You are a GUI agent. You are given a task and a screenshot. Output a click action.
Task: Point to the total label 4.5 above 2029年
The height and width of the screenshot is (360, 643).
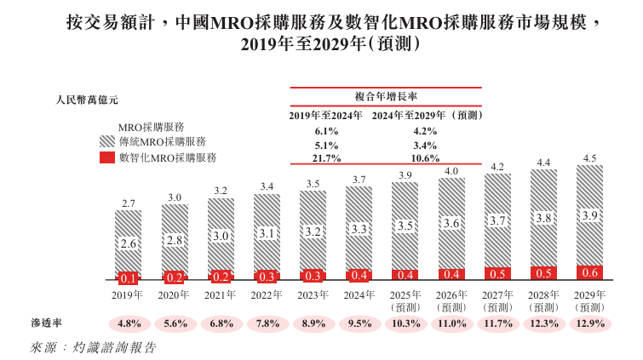point(588,158)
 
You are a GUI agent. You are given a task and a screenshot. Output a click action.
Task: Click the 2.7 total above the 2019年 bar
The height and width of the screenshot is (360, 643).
point(129,203)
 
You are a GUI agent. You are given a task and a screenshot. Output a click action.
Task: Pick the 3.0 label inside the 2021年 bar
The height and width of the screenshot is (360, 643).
point(221,236)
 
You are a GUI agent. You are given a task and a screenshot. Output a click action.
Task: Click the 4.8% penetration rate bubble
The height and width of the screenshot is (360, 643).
point(129,323)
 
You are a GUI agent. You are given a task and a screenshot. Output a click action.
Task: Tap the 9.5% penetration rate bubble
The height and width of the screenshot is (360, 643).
point(359,323)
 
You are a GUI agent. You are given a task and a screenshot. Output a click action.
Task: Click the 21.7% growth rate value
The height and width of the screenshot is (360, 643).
point(327,158)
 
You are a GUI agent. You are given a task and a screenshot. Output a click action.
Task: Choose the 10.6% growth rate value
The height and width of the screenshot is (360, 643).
point(425,158)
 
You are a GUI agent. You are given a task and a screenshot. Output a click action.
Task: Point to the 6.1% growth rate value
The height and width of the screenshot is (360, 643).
point(327,131)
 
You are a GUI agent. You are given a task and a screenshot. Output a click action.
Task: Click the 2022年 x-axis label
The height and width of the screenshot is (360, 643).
point(267,294)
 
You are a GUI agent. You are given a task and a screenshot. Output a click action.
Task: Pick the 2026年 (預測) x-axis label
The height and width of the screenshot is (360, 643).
point(451,300)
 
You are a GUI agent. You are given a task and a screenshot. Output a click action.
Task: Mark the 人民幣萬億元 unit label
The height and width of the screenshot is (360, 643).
point(88,100)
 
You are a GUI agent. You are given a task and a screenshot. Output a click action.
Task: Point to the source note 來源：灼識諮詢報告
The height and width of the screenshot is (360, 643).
point(93,347)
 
